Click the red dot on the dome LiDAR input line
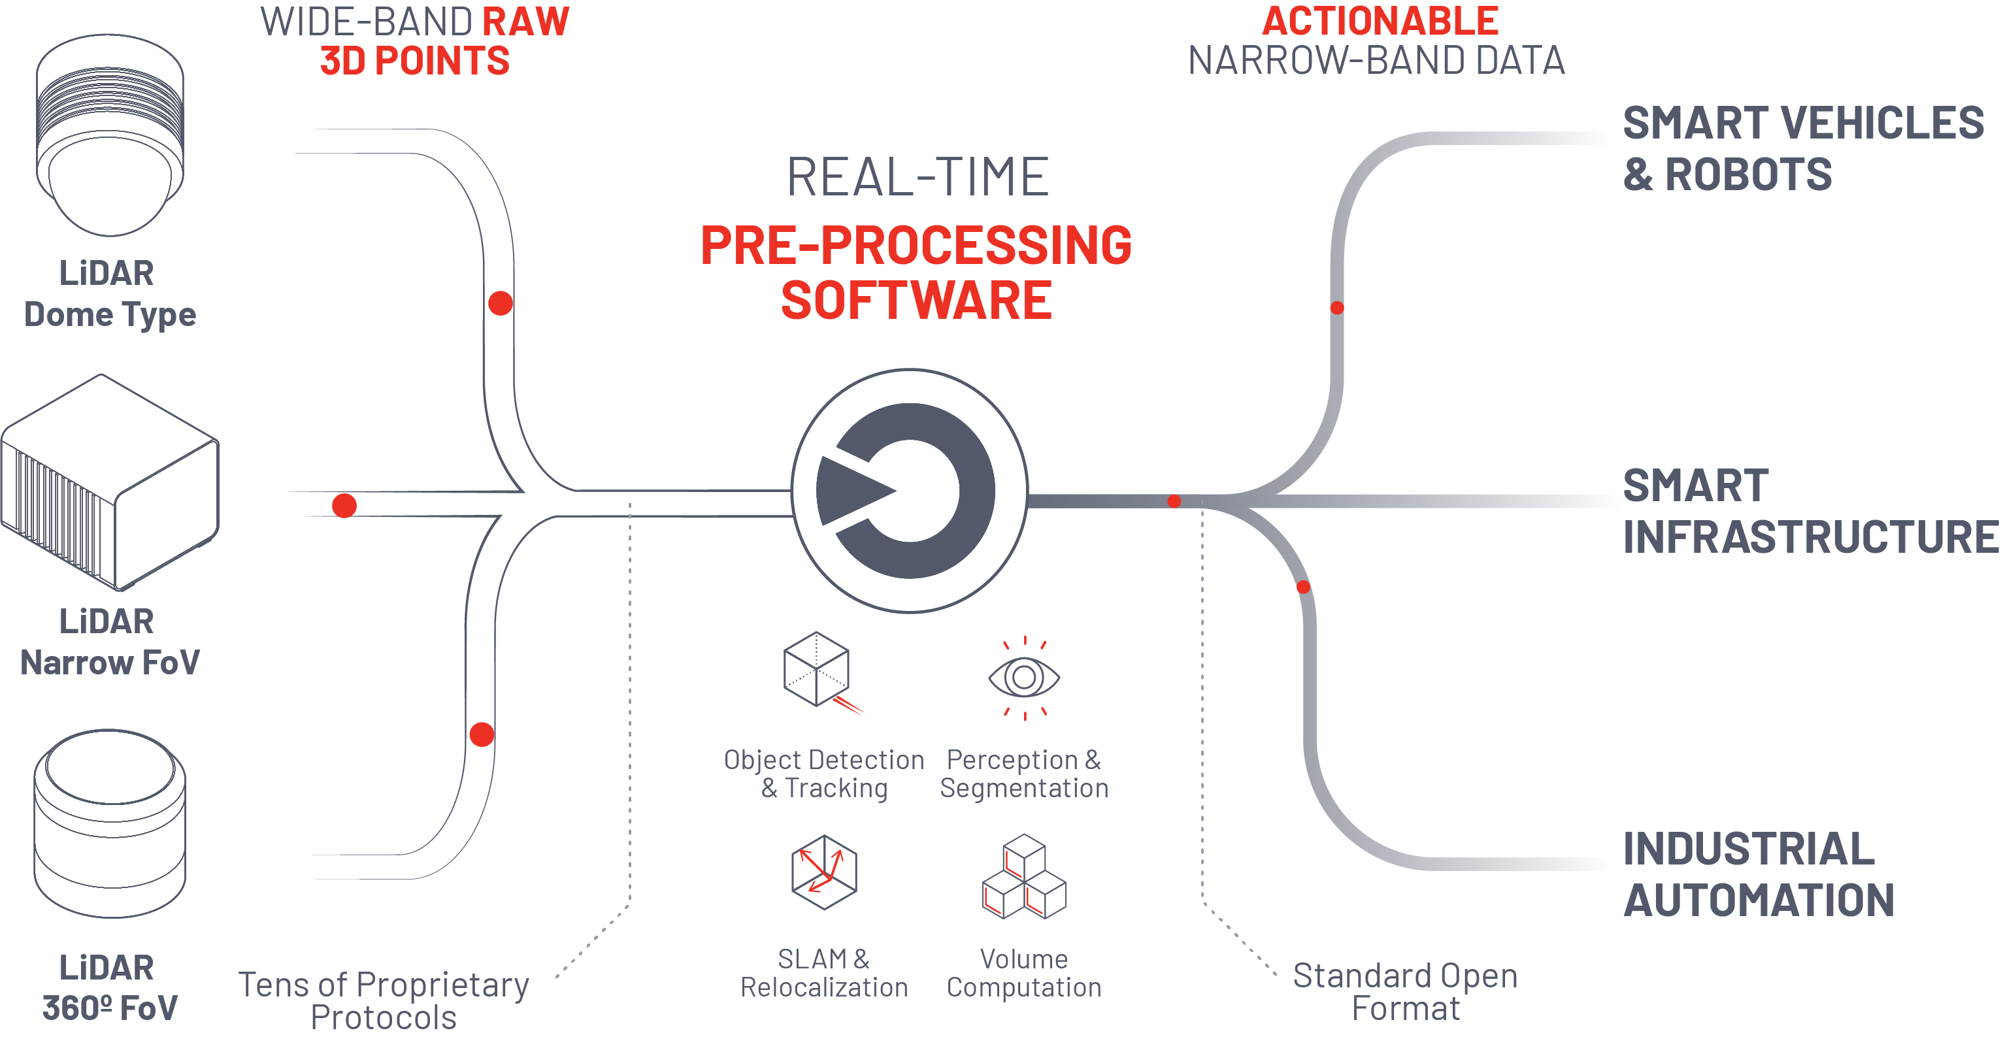[501, 303]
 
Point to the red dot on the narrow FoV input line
[344, 506]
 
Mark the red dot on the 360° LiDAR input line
[482, 734]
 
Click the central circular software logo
[909, 491]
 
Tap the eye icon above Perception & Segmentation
[1024, 678]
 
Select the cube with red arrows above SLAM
[823, 872]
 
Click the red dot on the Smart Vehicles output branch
[1337, 308]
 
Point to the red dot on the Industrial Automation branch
[1304, 587]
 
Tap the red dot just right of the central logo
[1174, 501]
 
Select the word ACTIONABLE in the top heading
[1380, 21]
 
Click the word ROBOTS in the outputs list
[1749, 174]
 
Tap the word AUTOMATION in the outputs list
[1759, 900]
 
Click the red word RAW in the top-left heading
[526, 21]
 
